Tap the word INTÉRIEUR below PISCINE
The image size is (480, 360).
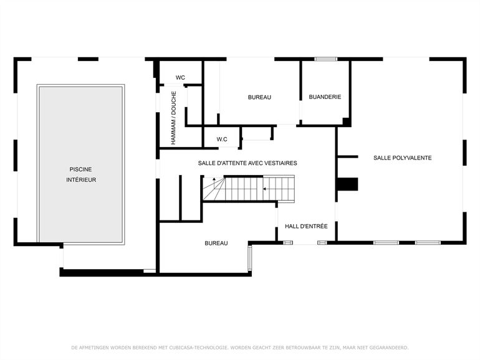pyautogui.click(x=81, y=180)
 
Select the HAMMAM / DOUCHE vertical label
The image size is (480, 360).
pyautogui.click(x=174, y=118)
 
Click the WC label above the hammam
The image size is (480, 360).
pyautogui.click(x=180, y=78)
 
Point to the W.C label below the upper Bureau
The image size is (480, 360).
pyautogui.click(x=222, y=139)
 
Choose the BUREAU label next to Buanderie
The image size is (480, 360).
pyautogui.click(x=259, y=97)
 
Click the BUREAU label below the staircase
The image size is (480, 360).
pyautogui.click(x=216, y=243)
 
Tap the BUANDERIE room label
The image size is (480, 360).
pyautogui.click(x=325, y=97)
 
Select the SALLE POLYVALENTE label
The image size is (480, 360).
pyautogui.click(x=402, y=158)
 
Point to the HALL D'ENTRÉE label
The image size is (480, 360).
pyautogui.click(x=306, y=226)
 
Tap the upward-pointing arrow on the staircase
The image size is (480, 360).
pyautogui.click(x=213, y=180)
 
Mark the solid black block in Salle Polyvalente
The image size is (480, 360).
pyautogui.click(x=348, y=184)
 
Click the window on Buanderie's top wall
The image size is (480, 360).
pyautogui.click(x=325, y=59)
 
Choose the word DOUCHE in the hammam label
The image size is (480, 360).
pyautogui.click(x=174, y=103)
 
